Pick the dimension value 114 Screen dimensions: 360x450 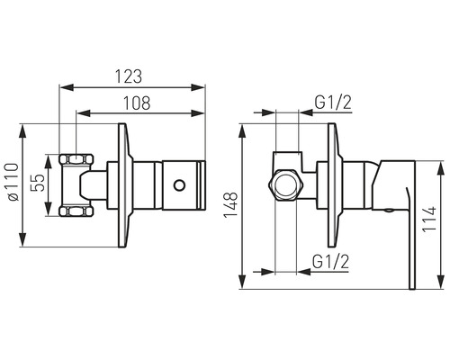(x=433, y=219)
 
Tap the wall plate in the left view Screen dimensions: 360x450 (x=122, y=185)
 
